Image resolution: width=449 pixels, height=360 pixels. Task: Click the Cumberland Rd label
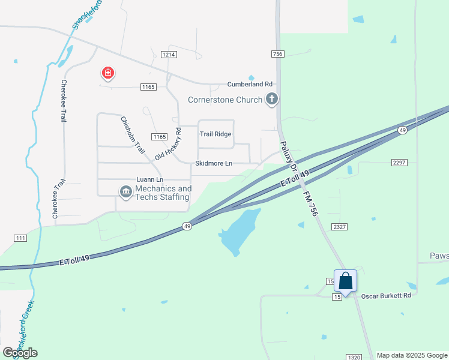[250, 85]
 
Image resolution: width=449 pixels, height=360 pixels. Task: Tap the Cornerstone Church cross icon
[271, 100]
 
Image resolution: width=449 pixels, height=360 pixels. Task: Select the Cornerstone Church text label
[225, 100]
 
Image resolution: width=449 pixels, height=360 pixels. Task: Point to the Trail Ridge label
[215, 134]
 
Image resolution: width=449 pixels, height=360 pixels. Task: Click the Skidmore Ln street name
[214, 163]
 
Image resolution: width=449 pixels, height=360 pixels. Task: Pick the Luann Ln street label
[150, 179]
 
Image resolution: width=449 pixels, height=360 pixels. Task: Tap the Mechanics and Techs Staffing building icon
[126, 191]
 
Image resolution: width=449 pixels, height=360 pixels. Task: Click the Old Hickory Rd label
[168, 144]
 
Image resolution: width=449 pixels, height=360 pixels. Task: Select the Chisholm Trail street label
[133, 134]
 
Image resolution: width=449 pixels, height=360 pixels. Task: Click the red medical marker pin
[108, 74]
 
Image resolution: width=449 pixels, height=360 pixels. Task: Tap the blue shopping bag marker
[345, 281]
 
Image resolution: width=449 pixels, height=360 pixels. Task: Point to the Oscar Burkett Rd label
[386, 296]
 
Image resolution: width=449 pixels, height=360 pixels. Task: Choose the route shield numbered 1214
[169, 55]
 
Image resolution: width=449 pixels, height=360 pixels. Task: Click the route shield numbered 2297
[399, 163]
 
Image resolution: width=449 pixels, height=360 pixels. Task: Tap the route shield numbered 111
[20, 238]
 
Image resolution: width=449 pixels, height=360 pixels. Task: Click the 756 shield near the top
[277, 54]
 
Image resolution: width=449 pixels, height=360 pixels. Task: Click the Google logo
[20, 352]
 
